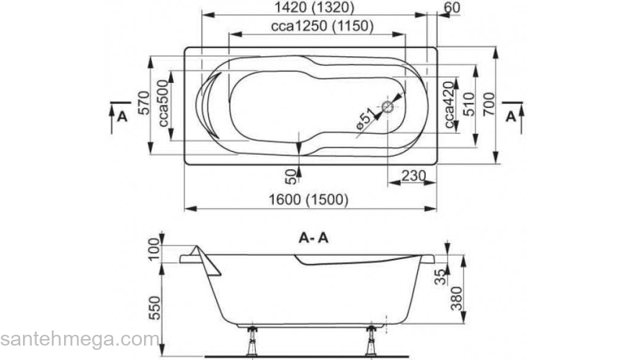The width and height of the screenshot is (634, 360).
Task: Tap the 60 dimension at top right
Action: tap(452, 8)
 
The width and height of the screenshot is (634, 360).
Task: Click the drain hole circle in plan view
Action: tap(388, 108)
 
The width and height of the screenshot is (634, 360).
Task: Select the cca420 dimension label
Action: tap(450, 105)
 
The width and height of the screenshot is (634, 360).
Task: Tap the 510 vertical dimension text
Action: tap(468, 105)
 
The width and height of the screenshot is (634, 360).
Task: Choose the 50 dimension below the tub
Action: tap(290, 175)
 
